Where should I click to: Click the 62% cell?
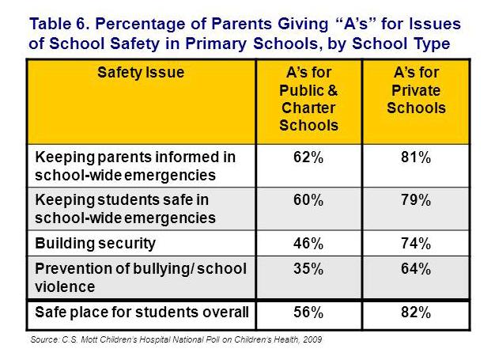(x=308, y=157)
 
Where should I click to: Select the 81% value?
(x=416, y=157)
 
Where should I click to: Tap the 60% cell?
(x=308, y=199)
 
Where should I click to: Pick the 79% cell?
(x=416, y=199)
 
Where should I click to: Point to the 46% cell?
(x=308, y=242)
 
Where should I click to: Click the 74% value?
(x=416, y=242)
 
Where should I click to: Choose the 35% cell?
(x=308, y=270)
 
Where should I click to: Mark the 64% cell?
(x=416, y=270)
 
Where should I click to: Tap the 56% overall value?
(x=308, y=313)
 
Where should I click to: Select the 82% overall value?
(x=416, y=313)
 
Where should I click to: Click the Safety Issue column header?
(x=140, y=73)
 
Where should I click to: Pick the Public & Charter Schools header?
(x=308, y=99)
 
